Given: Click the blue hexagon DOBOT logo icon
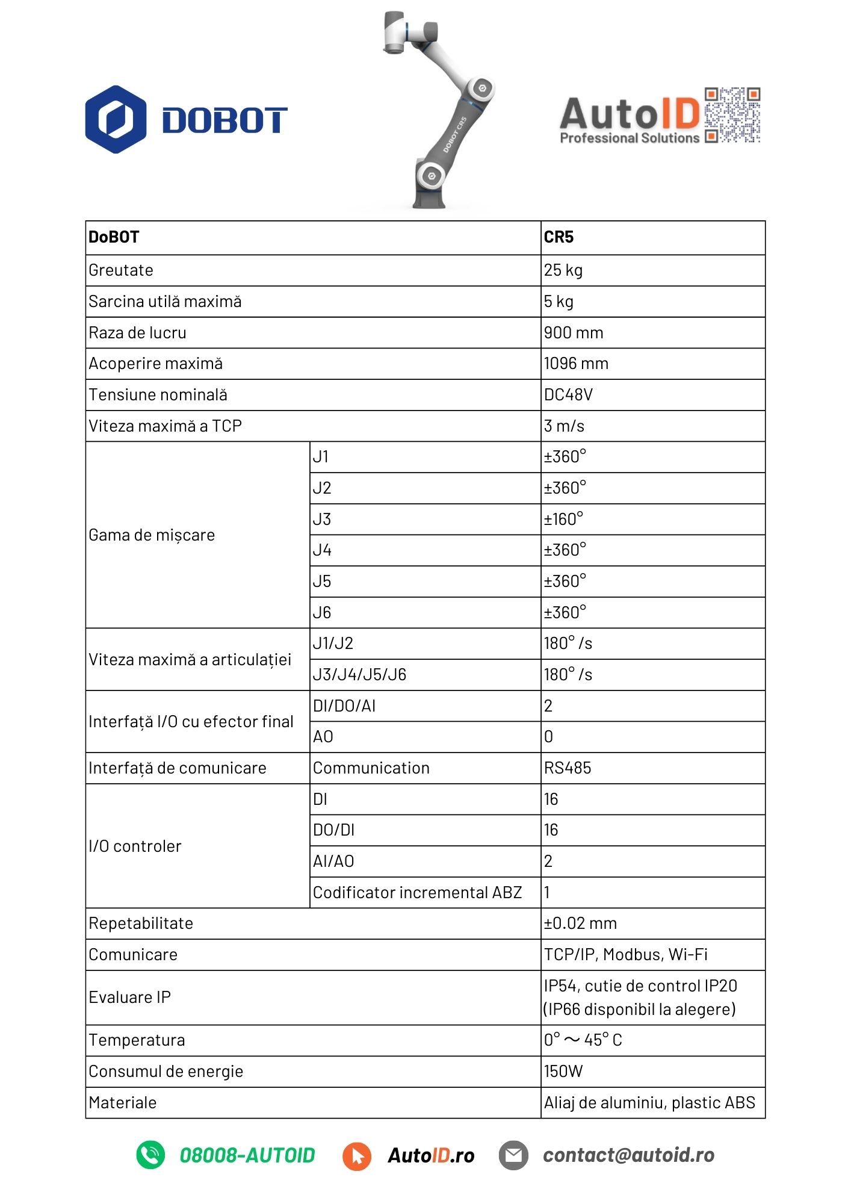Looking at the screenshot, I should click(x=116, y=119).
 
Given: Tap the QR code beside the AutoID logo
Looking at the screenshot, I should click(x=732, y=115).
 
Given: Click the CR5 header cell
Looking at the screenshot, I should click(x=559, y=237).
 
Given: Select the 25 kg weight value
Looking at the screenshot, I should click(x=563, y=270).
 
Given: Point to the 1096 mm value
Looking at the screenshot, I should click(x=576, y=364).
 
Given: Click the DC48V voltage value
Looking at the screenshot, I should click(x=568, y=395).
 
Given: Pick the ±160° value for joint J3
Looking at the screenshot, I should click(x=563, y=519).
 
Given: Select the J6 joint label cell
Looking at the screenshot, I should click(x=322, y=613).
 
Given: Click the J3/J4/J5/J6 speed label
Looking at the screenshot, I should click(x=359, y=675).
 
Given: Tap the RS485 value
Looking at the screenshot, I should click(x=568, y=768).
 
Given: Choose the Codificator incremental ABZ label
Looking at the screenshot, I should click(x=417, y=893).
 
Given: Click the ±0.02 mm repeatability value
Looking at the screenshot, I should click(x=580, y=923).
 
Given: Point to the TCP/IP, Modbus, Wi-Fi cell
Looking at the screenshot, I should click(x=626, y=955).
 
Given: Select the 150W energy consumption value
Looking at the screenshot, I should click(x=563, y=1072).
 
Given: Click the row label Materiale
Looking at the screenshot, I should click(x=123, y=1103).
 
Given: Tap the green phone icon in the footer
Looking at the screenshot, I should click(x=150, y=1155).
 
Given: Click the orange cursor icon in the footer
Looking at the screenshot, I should click(x=357, y=1156).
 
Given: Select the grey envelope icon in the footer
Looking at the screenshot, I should click(x=513, y=1155).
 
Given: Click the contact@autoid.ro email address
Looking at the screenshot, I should click(x=628, y=1155).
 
